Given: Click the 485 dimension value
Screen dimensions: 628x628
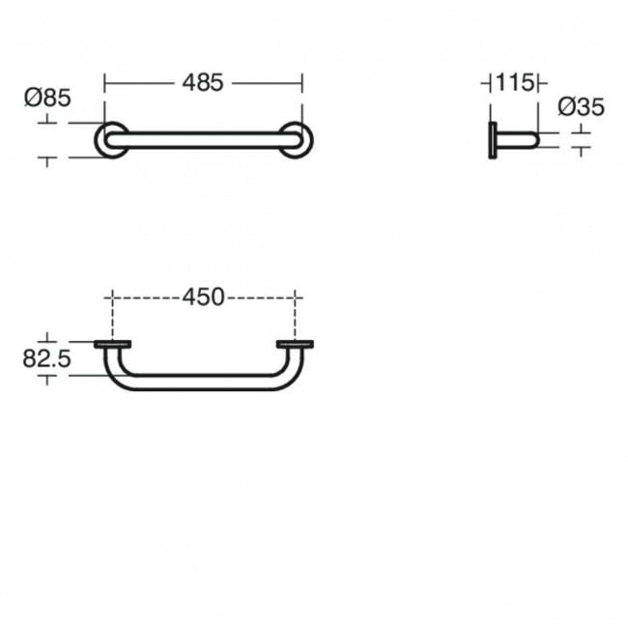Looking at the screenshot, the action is (x=203, y=83).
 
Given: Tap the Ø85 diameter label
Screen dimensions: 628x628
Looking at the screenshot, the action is (x=47, y=98).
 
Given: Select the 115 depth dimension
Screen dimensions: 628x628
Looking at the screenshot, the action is (x=515, y=83).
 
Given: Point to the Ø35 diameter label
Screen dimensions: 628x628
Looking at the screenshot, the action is (x=581, y=107).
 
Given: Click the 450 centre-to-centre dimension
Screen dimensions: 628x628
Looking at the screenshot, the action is (x=203, y=298).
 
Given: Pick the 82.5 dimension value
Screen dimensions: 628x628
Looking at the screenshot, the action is (x=47, y=358).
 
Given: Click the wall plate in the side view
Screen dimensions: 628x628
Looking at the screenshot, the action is (x=493, y=140).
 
